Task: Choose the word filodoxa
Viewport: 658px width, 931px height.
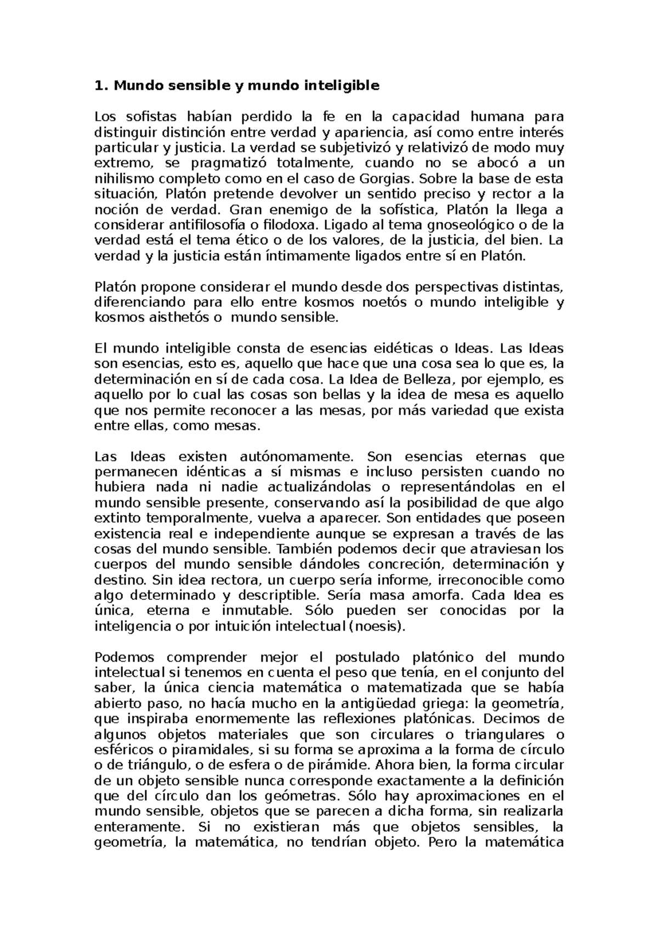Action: click(288, 225)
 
